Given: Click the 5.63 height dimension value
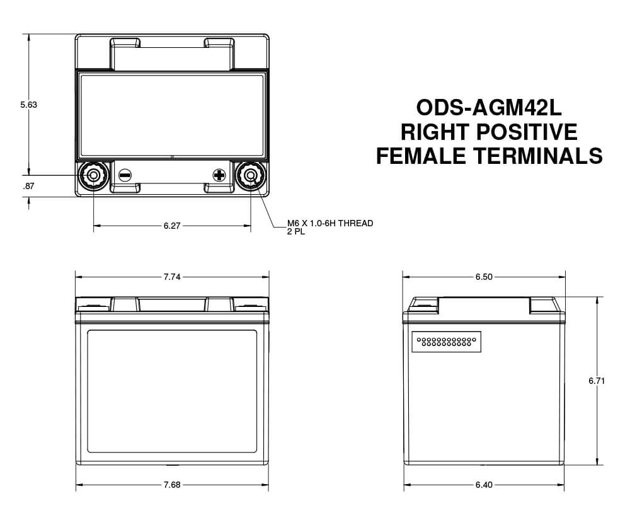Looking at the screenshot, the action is coord(28,105).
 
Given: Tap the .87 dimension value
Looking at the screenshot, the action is coord(28,186).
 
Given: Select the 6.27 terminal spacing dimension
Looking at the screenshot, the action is coord(172,226).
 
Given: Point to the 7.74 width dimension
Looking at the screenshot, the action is coord(172,277).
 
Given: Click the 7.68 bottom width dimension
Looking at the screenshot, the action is coord(172,485).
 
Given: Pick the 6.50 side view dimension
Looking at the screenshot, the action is coord(484,277).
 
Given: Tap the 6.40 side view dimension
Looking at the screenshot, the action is coord(484,485).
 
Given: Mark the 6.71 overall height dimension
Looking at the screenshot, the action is coord(597,380).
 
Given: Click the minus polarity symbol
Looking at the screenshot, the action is coord(125,175).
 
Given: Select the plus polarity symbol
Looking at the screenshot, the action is coord(219,175).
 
